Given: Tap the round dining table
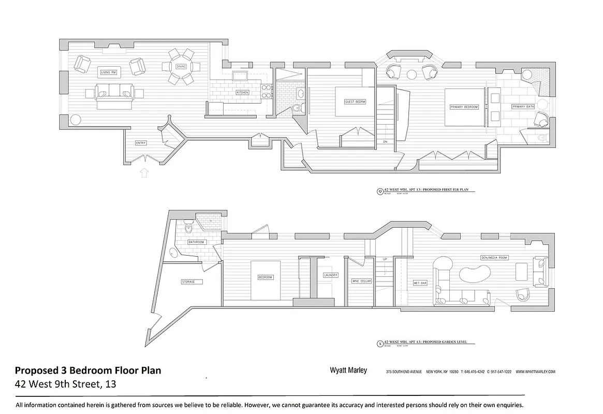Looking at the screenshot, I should [181, 66].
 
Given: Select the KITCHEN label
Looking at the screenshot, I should [242, 92].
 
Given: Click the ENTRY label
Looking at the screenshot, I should [140, 143].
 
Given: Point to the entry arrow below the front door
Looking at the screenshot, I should [144, 172].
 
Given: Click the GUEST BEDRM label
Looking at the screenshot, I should [355, 102].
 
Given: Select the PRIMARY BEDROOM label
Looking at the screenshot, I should [464, 107].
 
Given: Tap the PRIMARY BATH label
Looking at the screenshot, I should [523, 107].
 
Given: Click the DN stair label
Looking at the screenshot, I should [385, 141].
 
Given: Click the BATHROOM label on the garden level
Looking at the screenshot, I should [197, 242].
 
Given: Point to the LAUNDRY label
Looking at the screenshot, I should [331, 275].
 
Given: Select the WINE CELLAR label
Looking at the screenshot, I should [362, 281].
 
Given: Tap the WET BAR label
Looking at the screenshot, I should [420, 283].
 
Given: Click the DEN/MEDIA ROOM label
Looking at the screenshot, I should [494, 257].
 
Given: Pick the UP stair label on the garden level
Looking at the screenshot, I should [385, 259].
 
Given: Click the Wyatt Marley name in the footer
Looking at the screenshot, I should [348, 371].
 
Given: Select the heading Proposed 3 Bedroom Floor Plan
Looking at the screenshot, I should [88, 371].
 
